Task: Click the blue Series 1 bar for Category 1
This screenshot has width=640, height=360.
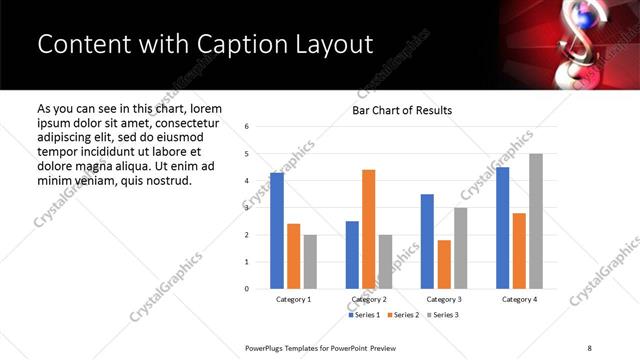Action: tap(277, 231)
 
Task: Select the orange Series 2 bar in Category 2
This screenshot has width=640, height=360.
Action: tap(369, 229)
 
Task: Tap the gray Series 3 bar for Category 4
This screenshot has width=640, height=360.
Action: tap(536, 221)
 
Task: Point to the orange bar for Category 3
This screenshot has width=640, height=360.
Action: tap(444, 264)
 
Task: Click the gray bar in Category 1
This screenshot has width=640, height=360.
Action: tap(310, 261)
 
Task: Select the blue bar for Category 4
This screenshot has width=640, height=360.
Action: tap(502, 228)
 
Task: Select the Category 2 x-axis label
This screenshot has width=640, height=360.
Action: tap(369, 300)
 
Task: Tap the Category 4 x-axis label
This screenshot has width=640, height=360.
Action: tap(519, 300)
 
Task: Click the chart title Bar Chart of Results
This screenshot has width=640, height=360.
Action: tap(402, 110)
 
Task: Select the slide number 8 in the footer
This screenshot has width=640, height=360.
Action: tap(589, 346)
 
